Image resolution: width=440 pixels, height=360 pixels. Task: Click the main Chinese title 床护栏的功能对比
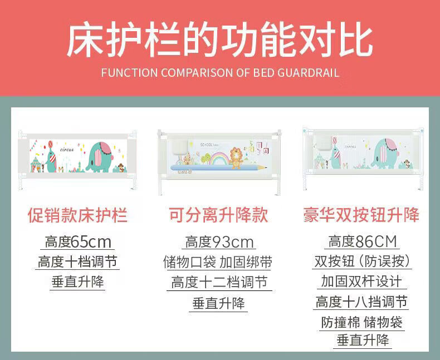click(x=219, y=40)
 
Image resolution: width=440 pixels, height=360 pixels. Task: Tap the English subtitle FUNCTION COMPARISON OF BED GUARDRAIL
click(x=220, y=73)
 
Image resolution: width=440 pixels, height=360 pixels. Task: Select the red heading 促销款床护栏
click(x=78, y=215)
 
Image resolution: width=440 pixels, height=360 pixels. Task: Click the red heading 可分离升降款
click(x=218, y=215)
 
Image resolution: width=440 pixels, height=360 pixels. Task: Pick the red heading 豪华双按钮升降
click(x=361, y=215)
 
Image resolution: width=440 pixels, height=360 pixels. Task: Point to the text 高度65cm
click(x=78, y=241)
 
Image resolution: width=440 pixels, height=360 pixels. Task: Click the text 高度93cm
click(x=219, y=241)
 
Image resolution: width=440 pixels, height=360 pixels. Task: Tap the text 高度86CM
click(x=363, y=241)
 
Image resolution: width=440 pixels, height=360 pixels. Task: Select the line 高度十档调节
click(x=77, y=262)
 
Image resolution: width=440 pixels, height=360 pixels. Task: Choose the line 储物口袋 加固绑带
click(x=218, y=262)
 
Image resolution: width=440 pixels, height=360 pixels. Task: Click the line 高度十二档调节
click(x=219, y=282)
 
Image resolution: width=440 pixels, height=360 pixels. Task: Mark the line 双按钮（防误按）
click(x=362, y=262)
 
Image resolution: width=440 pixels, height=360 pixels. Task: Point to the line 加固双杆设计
click(x=361, y=281)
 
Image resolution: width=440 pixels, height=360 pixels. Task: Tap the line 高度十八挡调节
click(x=361, y=302)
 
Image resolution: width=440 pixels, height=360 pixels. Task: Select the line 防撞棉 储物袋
click(x=361, y=322)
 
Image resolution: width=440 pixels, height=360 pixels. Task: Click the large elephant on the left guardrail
click(x=99, y=157)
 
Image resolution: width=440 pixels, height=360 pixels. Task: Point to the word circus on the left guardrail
click(x=67, y=150)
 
